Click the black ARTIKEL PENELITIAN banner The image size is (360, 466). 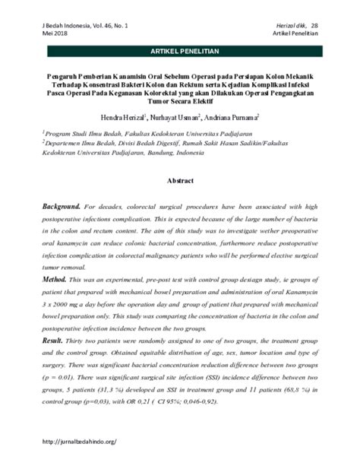[179, 51]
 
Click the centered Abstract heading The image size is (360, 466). [180, 183]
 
